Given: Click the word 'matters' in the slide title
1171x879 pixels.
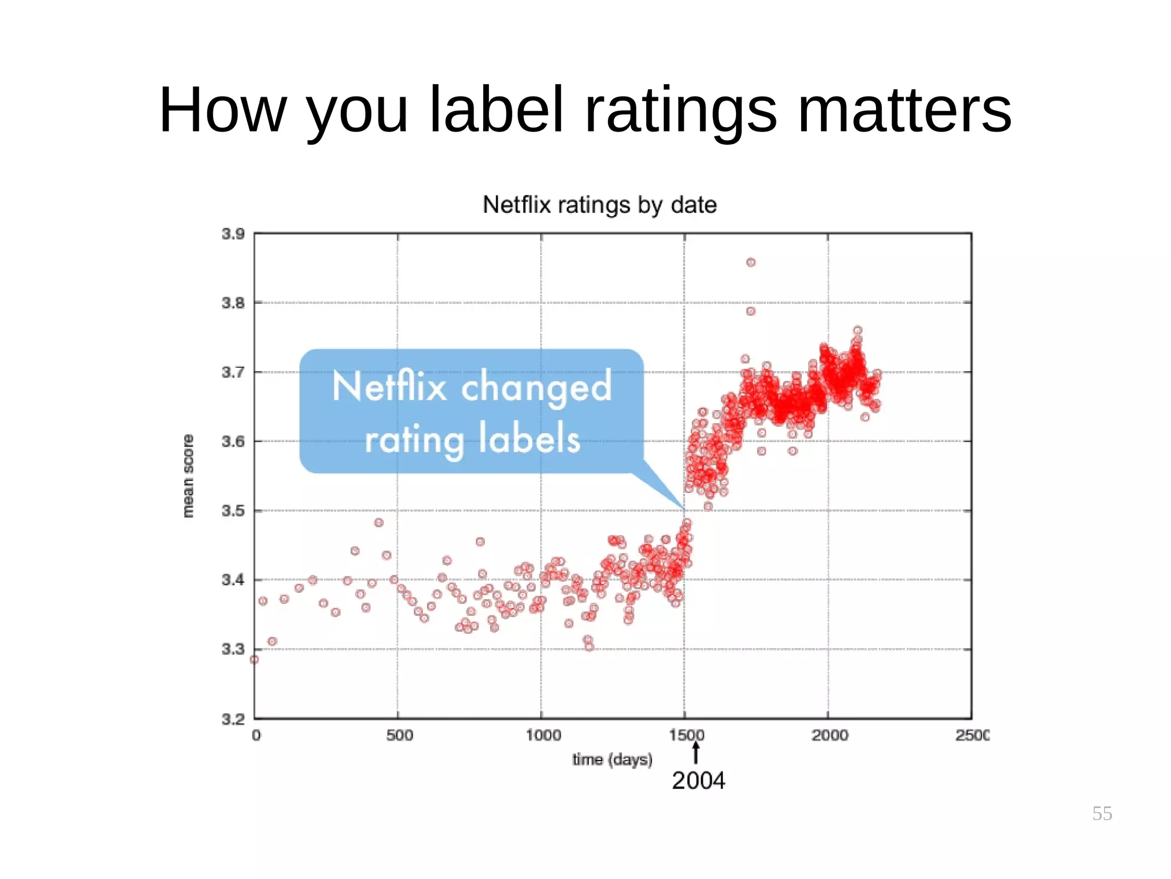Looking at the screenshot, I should [904, 110].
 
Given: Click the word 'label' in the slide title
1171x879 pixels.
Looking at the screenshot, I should [496, 110].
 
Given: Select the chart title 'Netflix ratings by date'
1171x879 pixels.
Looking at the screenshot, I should [599, 205].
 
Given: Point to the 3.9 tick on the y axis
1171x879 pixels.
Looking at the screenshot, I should [233, 234].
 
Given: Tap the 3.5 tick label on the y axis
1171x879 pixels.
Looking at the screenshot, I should [233, 510].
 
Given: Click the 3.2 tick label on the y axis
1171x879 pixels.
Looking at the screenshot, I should [233, 719].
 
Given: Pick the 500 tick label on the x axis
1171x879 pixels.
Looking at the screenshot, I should [399, 735].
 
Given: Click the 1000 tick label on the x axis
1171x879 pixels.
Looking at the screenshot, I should [543, 735].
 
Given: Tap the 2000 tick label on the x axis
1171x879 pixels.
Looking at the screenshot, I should [830, 735].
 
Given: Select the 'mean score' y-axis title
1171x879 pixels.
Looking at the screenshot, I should [188, 476].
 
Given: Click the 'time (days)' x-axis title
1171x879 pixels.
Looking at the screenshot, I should [612, 759].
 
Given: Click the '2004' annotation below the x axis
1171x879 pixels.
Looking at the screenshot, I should [698, 781].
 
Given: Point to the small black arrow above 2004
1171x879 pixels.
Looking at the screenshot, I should [696, 753].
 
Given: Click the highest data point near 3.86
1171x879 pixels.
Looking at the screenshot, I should [751, 262].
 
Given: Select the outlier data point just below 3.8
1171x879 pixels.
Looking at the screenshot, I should [751, 311].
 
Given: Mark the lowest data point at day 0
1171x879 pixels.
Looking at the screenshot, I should [254, 659].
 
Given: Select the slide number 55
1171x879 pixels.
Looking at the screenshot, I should [1102, 813].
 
